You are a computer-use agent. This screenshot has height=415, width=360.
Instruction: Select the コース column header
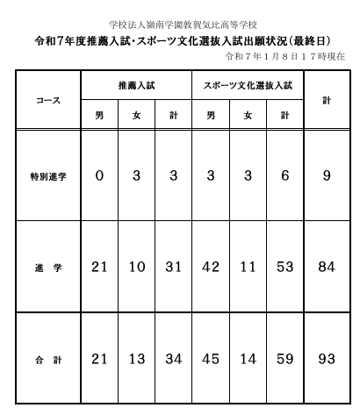[x=47, y=100]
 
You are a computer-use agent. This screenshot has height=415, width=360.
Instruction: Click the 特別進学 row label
[x=47, y=176]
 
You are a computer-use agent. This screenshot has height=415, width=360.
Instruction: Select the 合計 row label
[x=47, y=358]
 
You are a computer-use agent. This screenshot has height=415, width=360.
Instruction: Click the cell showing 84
[x=327, y=267]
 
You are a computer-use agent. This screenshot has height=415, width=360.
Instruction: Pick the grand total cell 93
[x=327, y=358]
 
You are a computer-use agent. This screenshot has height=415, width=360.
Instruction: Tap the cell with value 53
[x=284, y=267]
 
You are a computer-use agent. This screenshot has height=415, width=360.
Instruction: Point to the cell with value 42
[x=211, y=267]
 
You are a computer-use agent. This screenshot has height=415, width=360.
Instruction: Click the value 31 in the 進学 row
[x=173, y=267]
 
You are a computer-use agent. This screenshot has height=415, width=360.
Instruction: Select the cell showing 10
[x=136, y=267]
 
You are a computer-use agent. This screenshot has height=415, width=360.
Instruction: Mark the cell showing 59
[x=284, y=358]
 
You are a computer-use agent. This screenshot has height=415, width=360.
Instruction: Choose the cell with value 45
[x=211, y=358]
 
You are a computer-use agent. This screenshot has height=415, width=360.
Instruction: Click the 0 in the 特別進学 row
[x=99, y=175]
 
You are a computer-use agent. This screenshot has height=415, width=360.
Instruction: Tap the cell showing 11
[x=248, y=267]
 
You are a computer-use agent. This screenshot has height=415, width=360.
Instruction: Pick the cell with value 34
[x=173, y=358]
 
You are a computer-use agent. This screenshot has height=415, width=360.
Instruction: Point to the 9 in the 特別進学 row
[x=327, y=175]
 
